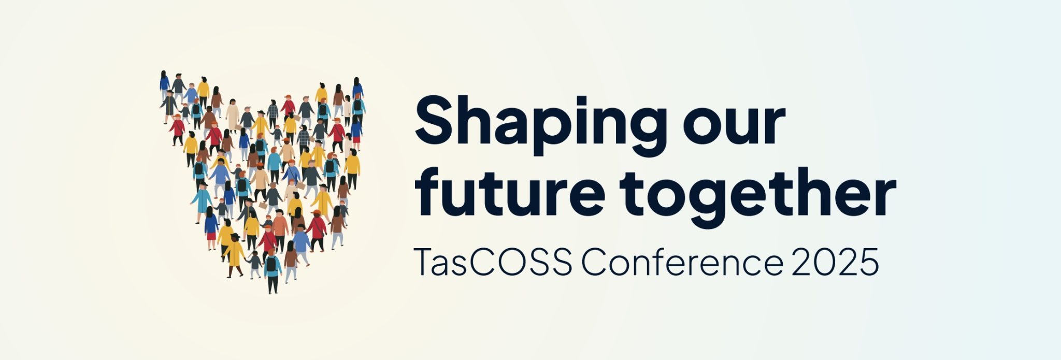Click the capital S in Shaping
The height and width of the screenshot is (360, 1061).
pos(437,121)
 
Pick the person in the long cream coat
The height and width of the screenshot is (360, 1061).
pos(232,115)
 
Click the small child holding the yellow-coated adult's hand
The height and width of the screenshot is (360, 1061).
pos(254,264)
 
